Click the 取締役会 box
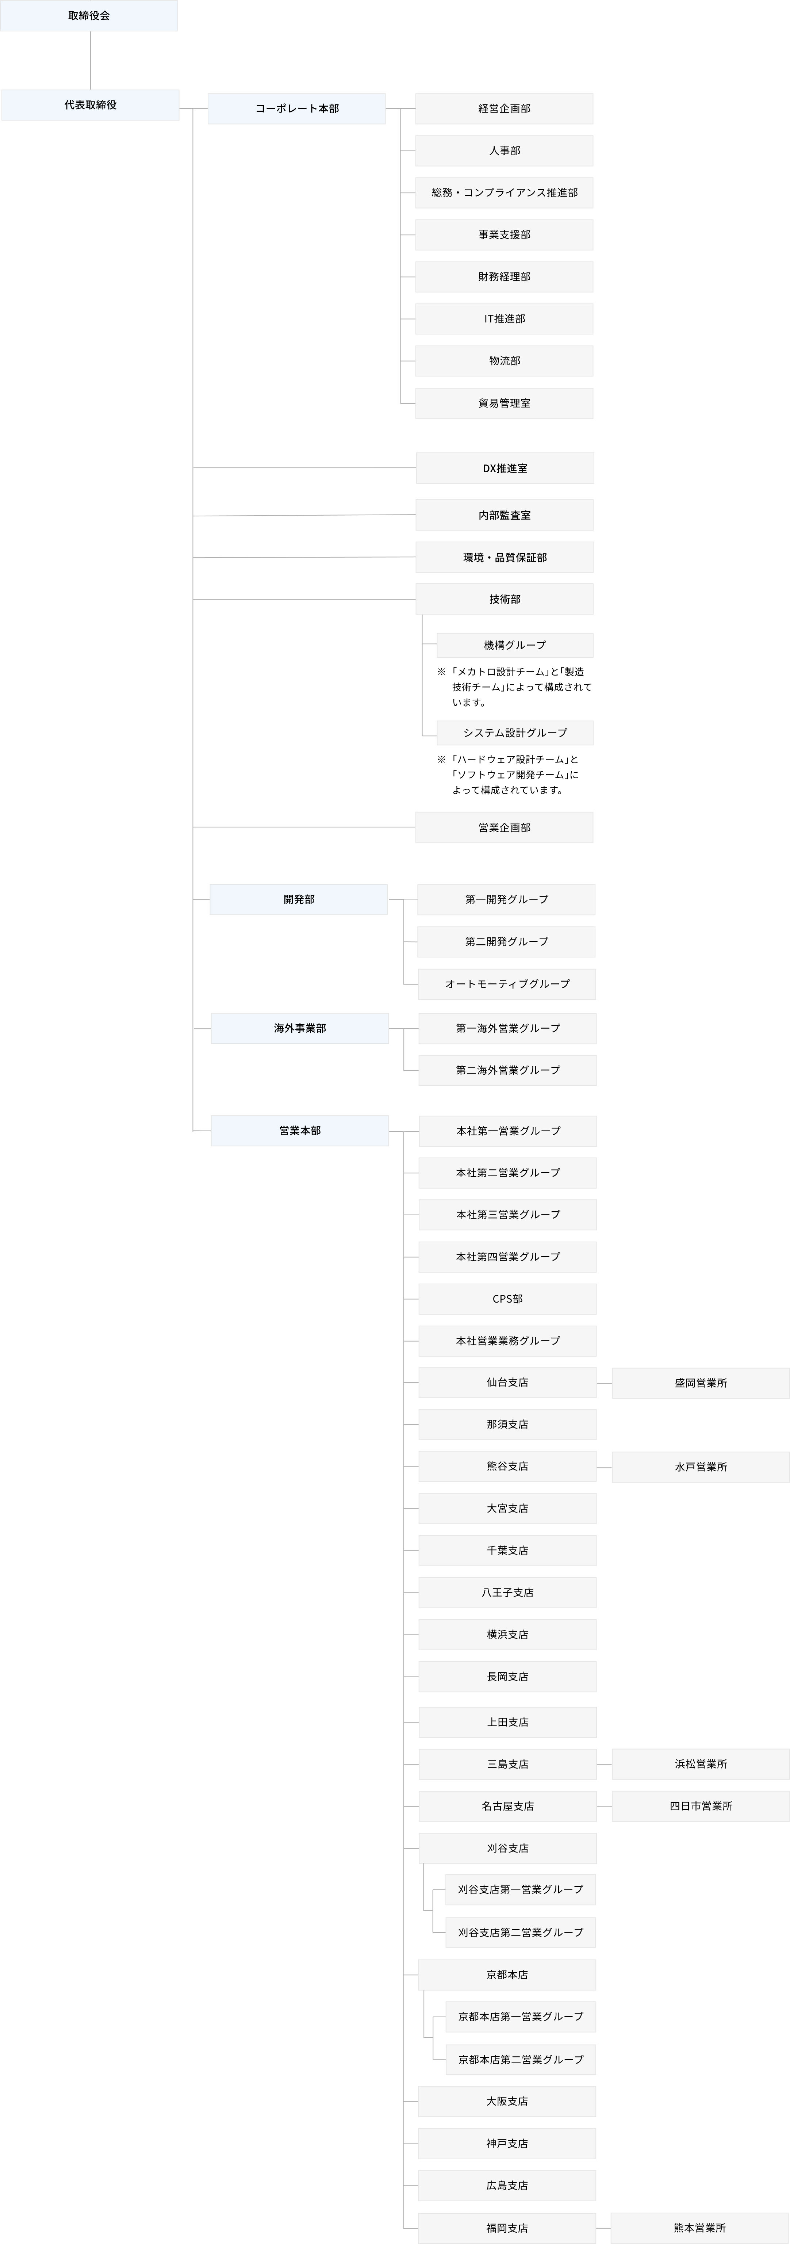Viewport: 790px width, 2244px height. [89, 16]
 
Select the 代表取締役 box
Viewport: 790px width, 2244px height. [90, 104]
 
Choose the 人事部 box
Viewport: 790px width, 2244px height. [504, 151]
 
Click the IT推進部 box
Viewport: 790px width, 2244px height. [504, 319]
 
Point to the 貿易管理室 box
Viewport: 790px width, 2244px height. [504, 403]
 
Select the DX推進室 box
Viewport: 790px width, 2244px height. [505, 468]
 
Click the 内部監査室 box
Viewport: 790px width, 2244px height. [504, 515]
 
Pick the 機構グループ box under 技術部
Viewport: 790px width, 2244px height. [515, 645]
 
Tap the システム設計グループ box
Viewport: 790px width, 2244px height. [515, 733]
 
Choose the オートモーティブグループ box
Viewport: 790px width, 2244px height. [507, 983]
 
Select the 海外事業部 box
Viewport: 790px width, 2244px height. [300, 1028]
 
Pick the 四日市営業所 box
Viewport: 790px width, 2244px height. [700, 1806]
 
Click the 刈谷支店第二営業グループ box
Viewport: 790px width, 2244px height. [520, 1932]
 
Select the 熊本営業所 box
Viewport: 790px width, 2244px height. [699, 2228]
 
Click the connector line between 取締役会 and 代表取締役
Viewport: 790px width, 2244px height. [91, 61]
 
